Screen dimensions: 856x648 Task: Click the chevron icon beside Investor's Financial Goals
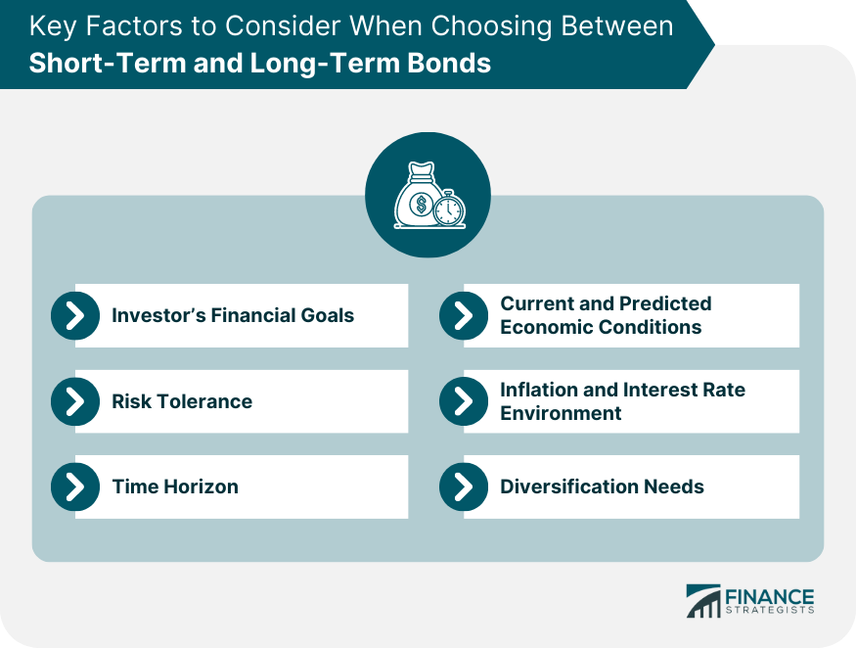[x=75, y=316]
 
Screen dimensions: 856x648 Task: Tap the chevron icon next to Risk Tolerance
[x=75, y=401]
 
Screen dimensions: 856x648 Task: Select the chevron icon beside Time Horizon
[x=75, y=486]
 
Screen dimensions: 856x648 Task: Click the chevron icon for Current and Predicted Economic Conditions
[x=464, y=316]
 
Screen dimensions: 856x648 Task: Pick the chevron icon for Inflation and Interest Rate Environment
[x=464, y=401]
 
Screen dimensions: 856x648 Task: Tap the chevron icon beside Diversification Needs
[x=464, y=486]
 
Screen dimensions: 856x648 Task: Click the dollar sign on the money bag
[x=421, y=205]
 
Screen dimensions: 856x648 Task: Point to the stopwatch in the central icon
[x=449, y=208]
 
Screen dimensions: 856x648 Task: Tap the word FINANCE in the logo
[x=769, y=597]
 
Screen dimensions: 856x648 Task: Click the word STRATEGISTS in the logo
[x=769, y=610]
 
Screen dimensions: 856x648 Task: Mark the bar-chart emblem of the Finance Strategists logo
[x=703, y=601]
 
